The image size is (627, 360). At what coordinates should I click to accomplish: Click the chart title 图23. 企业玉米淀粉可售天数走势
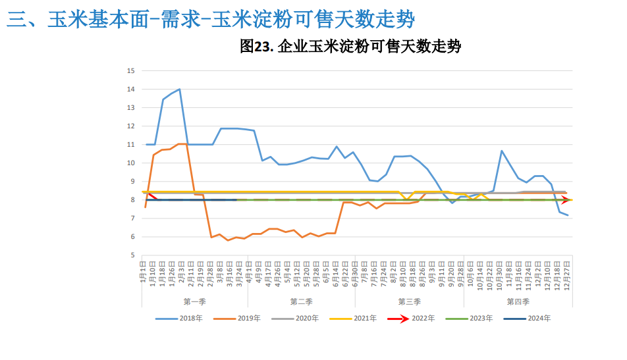click(350, 47)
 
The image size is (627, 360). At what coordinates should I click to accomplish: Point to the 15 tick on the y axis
click(130, 70)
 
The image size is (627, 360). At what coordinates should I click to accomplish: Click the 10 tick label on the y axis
click(130, 163)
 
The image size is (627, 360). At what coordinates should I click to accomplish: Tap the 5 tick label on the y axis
click(132, 255)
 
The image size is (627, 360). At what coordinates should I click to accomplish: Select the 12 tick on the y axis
click(130, 126)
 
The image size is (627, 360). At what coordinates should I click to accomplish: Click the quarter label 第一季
click(195, 301)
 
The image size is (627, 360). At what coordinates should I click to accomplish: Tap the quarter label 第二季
click(301, 301)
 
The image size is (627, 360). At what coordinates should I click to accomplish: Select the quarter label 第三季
click(410, 301)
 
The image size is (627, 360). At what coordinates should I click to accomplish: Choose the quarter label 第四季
click(518, 301)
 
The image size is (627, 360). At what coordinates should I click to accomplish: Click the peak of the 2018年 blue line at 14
click(179, 89)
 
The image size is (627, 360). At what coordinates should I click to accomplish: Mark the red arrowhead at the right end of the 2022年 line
click(566, 200)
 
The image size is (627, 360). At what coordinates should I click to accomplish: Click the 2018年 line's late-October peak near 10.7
click(502, 151)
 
